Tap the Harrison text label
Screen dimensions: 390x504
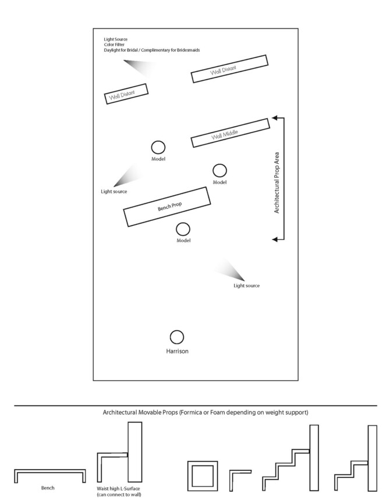pyautogui.click(x=178, y=351)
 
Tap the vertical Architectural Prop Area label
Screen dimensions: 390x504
pyautogui.click(x=276, y=183)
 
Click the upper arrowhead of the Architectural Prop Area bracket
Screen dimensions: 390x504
pyautogui.click(x=275, y=118)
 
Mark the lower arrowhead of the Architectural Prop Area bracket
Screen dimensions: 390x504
pyautogui.click(x=275, y=240)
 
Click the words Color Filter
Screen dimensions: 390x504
pyautogui.click(x=114, y=45)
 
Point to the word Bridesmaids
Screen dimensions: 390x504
pyautogui.click(x=188, y=50)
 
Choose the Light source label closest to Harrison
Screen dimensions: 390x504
pyautogui.click(x=246, y=286)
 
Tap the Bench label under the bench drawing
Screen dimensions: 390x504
pyautogui.click(x=48, y=488)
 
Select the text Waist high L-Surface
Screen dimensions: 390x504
pyautogui.click(x=118, y=488)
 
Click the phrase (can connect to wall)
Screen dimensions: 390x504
pyautogui.click(x=119, y=495)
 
